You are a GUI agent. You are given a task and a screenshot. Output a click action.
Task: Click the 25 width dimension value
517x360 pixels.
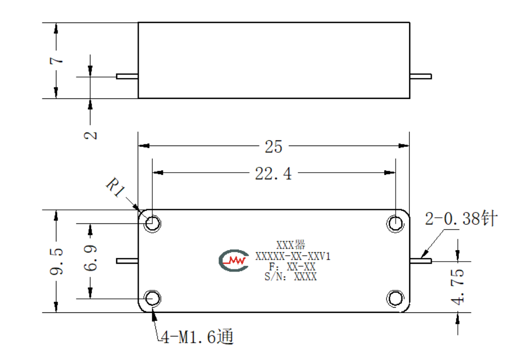274,147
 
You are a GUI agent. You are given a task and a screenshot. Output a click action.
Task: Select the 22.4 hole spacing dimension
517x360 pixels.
273,173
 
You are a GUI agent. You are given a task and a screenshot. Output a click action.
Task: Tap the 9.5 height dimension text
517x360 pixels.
57,262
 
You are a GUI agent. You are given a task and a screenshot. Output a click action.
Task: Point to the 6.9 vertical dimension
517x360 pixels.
91,258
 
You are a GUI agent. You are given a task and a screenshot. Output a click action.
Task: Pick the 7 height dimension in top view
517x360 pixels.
57,60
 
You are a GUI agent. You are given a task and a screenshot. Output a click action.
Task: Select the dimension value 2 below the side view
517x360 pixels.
91,135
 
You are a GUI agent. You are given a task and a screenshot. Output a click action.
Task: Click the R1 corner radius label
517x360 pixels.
116,187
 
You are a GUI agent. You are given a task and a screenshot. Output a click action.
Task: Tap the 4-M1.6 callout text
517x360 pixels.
197,336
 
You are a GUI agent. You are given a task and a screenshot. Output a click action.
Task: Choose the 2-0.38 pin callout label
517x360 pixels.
461,218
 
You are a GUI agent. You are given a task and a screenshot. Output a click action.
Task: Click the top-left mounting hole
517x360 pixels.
152,223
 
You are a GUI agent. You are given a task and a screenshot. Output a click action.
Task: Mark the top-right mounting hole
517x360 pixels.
395,223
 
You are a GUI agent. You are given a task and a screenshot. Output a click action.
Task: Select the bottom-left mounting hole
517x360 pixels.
152,298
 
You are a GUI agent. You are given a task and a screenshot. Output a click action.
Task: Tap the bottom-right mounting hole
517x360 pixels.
395,298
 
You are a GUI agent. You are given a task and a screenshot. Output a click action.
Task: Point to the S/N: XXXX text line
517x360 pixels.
290,277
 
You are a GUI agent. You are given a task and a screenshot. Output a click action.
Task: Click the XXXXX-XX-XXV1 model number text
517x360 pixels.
293,256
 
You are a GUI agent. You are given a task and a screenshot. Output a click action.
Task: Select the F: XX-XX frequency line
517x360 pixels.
292,266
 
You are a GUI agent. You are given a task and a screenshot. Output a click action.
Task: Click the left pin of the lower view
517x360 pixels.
127,261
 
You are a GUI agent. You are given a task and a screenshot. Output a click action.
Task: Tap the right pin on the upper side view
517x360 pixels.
421,76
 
